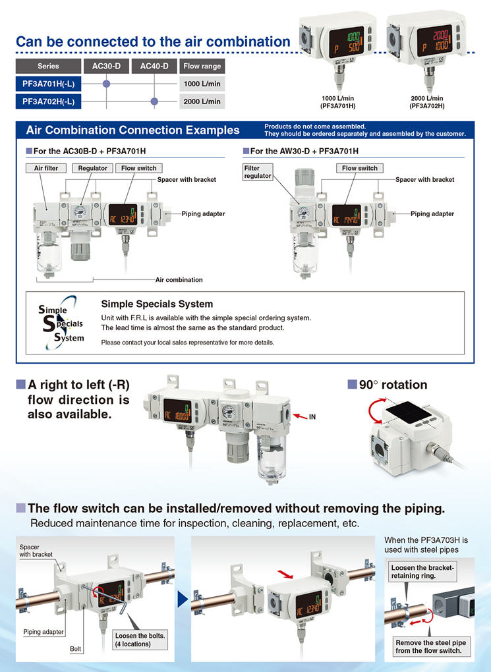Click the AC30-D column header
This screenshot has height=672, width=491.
(x=106, y=66)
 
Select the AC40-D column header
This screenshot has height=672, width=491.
(x=154, y=66)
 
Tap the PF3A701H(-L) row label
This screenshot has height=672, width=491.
(x=48, y=84)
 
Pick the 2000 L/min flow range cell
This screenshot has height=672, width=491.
(x=202, y=101)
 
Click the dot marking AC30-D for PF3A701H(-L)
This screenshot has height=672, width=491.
(x=106, y=84)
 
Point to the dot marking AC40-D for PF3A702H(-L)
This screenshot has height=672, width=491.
(x=155, y=101)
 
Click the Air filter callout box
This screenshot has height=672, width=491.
(x=46, y=168)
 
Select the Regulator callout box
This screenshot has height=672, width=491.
(x=92, y=168)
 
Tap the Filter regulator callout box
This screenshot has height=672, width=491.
(x=257, y=172)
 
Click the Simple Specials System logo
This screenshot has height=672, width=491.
(x=61, y=323)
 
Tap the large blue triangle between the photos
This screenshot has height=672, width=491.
(x=183, y=600)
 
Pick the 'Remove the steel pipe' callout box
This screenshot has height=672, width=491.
(x=432, y=646)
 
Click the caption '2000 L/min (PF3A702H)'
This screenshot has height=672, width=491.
(x=427, y=102)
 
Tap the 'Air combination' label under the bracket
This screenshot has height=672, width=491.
(x=179, y=279)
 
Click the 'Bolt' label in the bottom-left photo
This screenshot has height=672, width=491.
(x=76, y=649)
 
